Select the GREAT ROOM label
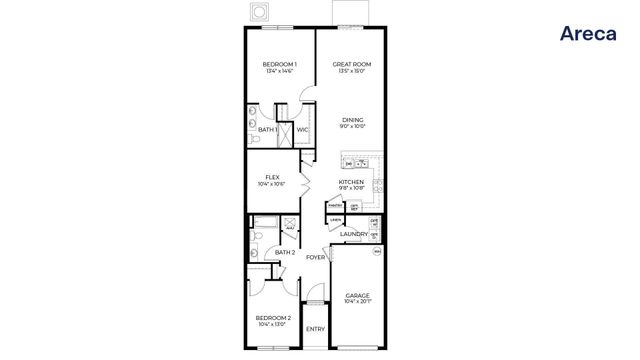[352, 64]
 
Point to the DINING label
[352, 119]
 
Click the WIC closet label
[302, 129]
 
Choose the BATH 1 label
[268, 129]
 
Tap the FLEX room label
[272, 177]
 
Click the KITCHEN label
[351, 181]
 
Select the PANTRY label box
[334, 205]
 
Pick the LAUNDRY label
[353, 234]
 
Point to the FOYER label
[315, 257]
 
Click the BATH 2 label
[284, 252]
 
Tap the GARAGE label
[358, 295]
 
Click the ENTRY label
[315, 329]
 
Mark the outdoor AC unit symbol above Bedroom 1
[261, 11]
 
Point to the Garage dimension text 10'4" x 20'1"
[358, 302]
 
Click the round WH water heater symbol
[377, 252]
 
